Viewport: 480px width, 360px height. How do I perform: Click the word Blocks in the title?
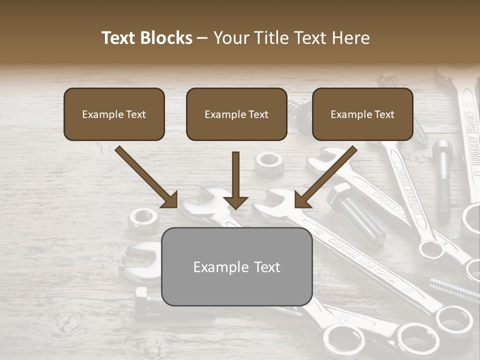167,38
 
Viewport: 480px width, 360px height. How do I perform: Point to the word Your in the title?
231,38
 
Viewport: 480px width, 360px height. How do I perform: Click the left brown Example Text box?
114,114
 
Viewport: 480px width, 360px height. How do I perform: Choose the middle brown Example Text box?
236,114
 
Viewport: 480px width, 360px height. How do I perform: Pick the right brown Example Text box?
362,114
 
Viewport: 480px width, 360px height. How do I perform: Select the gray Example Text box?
236,266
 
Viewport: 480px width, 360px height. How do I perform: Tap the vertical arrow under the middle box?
236,180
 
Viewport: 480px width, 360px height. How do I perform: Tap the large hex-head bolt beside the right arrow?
352,210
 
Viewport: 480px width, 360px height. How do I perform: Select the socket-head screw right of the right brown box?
442,175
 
